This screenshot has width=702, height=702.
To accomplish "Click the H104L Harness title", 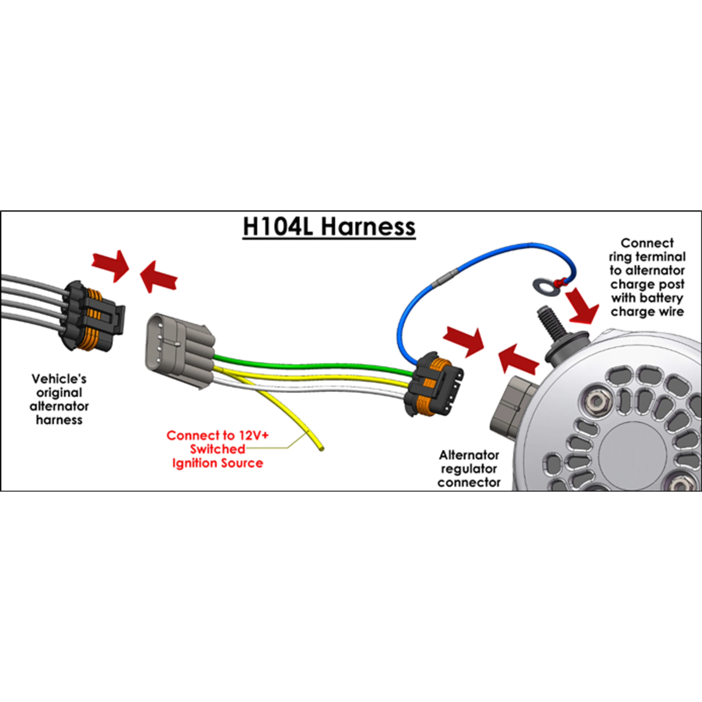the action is click(329, 227).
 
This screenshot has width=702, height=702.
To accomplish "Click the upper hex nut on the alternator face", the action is click(596, 401).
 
